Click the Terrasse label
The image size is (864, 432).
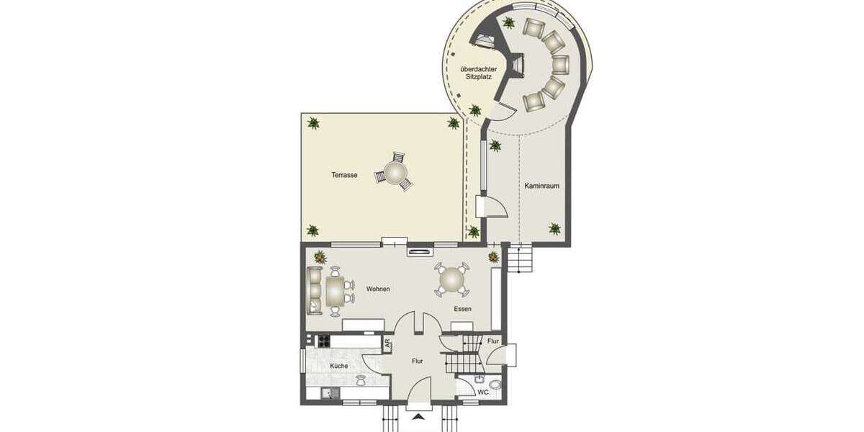pos(344,175)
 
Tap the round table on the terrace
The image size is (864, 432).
pos(395,173)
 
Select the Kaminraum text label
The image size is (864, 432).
pos(541,186)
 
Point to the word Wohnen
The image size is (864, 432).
pos(378,289)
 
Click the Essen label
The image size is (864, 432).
pos(462,308)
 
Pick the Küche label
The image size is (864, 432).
pos(339,366)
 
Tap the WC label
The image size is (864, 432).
pos(484,392)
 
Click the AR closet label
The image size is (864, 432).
pos(388,344)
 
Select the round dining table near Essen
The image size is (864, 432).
pos(452,279)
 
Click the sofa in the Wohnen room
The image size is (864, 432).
pos(315,290)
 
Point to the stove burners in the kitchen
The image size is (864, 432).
pos(323,341)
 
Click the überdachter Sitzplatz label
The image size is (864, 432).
pos(476,73)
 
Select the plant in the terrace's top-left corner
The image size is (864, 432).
pos(312,123)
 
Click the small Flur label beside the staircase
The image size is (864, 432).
pos(493,341)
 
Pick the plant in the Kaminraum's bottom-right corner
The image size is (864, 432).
pos(554,228)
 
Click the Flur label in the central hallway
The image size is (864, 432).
pos(417,361)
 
